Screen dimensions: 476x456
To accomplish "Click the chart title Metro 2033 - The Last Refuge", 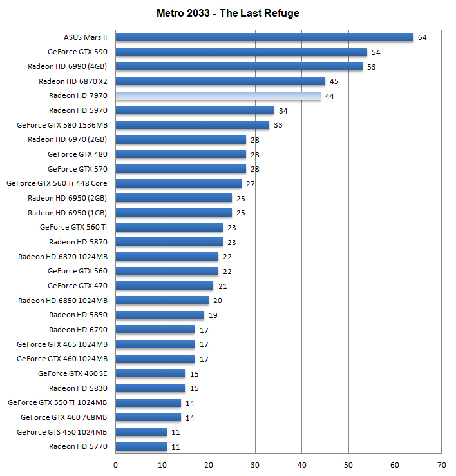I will pos(228,13).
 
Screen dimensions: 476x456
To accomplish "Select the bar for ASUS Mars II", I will pos(264,37).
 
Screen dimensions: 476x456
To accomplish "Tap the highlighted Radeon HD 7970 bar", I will pos(218,96).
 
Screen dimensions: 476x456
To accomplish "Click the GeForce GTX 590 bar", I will pos(241,52).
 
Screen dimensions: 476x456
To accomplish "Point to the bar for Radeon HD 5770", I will pos(141,446).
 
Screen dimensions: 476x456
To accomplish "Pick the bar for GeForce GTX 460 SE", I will pos(150,373).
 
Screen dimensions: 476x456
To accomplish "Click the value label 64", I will pos(423,37).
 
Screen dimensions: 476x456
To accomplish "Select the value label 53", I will pos(371,66).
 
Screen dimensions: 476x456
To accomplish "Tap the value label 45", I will pos(334,81).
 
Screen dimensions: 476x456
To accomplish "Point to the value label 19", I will pos(213,315).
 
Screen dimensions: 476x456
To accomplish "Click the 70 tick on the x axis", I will pos(441,464).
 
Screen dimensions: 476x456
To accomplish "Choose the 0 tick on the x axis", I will pos(116,464).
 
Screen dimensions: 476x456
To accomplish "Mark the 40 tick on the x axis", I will pos(302,464).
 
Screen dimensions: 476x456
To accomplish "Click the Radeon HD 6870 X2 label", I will pos(73,81).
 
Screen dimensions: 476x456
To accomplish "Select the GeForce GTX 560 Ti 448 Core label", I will pos(57,183).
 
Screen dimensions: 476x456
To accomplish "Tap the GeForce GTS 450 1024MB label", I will pos(62,432).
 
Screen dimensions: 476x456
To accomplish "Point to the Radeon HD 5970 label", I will pos(78,110).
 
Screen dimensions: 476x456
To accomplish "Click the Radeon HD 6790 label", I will pos(78,330).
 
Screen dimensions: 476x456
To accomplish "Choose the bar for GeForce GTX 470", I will pos(164,286).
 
